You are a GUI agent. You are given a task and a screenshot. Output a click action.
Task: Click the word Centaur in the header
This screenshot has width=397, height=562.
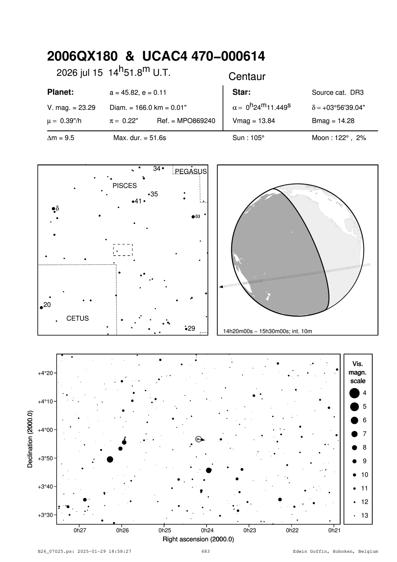pos(247,77)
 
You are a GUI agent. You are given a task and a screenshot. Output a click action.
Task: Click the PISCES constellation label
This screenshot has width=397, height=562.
pos(124,186)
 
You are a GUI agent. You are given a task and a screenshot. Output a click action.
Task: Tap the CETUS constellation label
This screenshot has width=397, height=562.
pos(78,319)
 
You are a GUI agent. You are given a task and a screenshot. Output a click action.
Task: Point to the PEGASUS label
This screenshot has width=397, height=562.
pos(191,172)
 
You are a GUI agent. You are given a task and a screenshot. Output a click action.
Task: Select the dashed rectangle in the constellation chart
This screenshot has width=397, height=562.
pos(123,250)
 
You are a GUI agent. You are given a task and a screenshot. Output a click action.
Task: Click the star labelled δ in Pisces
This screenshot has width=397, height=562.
pos(54,209)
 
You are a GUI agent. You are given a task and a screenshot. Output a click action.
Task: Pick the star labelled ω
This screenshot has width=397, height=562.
pos(193,217)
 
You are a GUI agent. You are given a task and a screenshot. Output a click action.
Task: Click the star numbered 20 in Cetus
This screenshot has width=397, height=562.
pos(41,308)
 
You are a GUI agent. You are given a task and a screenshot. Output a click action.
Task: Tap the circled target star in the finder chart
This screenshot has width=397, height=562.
pos(198,439)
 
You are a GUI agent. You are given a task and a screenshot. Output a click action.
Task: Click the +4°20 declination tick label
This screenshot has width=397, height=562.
pos(45,373)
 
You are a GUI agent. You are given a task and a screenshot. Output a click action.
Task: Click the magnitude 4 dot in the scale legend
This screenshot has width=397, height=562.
pos(354,393)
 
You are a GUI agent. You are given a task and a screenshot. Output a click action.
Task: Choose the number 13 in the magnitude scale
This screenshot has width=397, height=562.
pos(365,515)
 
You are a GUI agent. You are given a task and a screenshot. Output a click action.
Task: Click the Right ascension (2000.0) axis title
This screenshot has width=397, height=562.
pos(198,539)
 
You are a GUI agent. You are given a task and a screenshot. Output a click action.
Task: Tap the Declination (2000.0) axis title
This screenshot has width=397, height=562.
pos(30,439)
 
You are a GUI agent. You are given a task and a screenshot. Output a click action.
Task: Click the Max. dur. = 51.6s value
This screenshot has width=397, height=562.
pos(140,138)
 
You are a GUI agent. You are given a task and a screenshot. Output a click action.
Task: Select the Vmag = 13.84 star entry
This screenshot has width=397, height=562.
pos(253,121)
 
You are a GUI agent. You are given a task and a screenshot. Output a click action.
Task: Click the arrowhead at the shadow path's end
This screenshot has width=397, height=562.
pos(221,286)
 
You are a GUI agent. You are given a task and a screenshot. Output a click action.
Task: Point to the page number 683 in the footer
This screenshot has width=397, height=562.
pos(206,551)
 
